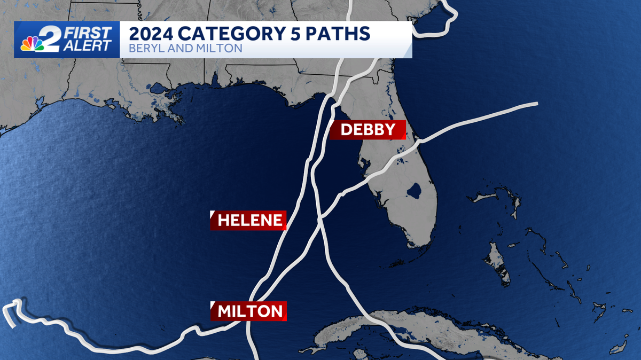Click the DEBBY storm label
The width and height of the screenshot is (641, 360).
pos(368,130)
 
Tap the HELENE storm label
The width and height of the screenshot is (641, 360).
pos(249,220)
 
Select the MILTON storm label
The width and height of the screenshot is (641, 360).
pos(249,311)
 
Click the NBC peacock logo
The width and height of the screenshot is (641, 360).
pos(32,44)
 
